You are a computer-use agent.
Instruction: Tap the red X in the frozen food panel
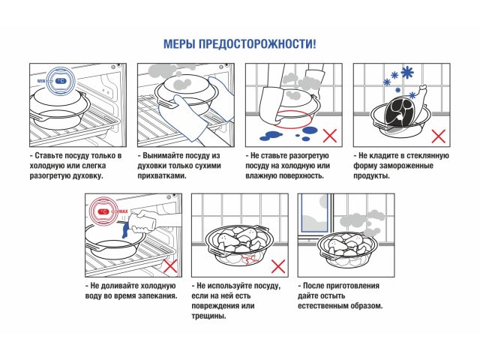(438, 136)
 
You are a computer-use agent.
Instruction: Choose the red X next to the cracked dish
(278, 265)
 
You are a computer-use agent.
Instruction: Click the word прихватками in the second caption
(161, 175)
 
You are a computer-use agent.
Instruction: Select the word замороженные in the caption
(422, 165)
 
